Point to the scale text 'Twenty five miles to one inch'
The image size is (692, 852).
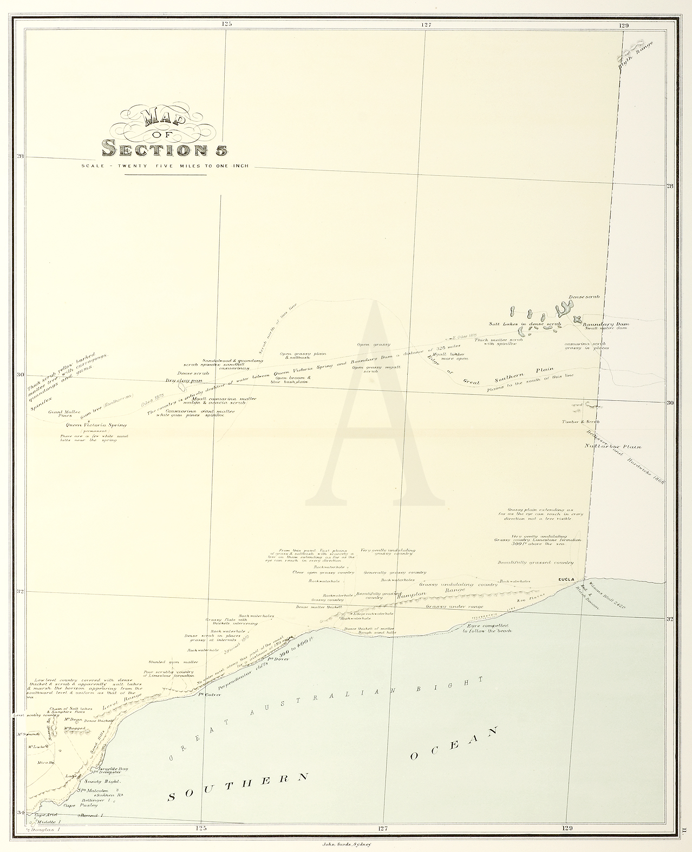[x=165, y=166]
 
